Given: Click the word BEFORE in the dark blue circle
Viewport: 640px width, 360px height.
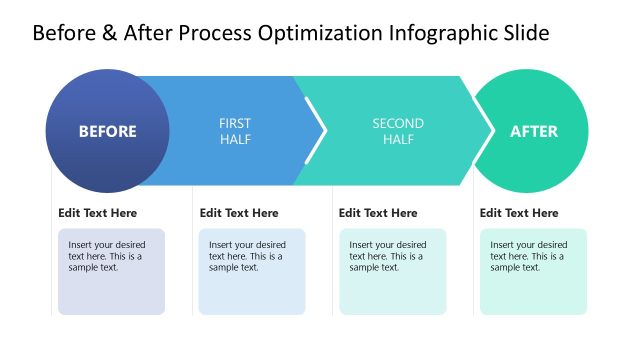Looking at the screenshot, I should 108,131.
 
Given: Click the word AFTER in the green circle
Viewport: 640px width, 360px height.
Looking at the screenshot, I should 534,131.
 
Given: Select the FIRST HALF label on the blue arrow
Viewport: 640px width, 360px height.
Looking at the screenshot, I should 235,131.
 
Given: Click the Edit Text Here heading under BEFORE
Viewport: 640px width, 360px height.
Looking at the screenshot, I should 98,213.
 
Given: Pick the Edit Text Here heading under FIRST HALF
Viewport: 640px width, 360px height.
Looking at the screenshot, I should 239,213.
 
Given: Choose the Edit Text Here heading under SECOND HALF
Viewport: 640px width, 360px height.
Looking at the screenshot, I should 378,213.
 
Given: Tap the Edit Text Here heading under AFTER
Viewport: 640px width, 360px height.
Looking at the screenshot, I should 519,213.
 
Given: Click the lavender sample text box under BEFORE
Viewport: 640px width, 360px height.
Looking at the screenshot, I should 111,271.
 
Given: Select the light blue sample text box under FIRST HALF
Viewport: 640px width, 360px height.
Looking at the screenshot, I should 252,271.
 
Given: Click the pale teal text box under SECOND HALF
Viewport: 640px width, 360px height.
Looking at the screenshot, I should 393,271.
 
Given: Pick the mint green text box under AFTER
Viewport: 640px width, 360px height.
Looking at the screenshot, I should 533,271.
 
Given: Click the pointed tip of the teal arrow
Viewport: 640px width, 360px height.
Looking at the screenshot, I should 489,131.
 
